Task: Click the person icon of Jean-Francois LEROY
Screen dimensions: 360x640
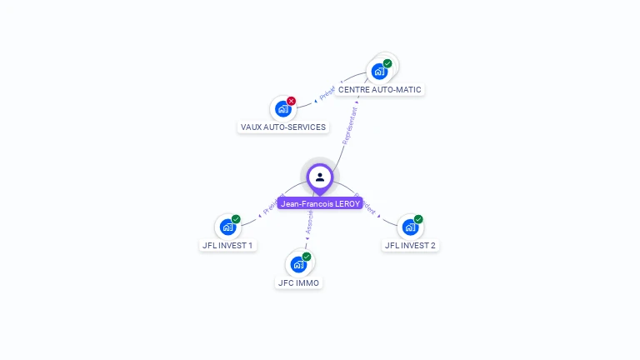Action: click(x=320, y=177)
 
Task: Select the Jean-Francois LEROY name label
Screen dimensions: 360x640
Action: click(x=320, y=203)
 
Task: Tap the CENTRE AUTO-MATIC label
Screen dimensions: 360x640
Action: click(x=381, y=89)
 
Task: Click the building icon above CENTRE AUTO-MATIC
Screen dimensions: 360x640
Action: click(x=380, y=72)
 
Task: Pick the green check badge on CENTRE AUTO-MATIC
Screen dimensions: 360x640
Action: click(x=387, y=63)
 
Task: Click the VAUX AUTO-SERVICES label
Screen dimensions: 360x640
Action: click(x=283, y=127)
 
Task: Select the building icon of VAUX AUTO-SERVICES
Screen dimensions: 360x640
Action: click(x=283, y=109)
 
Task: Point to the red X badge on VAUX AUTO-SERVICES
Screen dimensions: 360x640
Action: click(x=291, y=101)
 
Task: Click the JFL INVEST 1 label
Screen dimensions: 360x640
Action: click(x=227, y=245)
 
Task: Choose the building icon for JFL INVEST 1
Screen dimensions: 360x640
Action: click(x=227, y=227)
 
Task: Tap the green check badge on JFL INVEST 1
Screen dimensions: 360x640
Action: click(x=236, y=219)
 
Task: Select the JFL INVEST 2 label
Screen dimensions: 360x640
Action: click(x=410, y=245)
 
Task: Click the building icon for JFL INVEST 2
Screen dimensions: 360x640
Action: click(x=409, y=227)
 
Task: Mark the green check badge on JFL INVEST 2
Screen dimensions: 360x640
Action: click(x=418, y=219)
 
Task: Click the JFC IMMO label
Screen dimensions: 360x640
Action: click(x=298, y=282)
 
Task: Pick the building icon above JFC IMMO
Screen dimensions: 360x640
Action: click(x=298, y=265)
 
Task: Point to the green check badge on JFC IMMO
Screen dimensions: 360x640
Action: click(x=307, y=257)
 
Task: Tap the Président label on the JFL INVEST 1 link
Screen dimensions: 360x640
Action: click(x=273, y=205)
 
